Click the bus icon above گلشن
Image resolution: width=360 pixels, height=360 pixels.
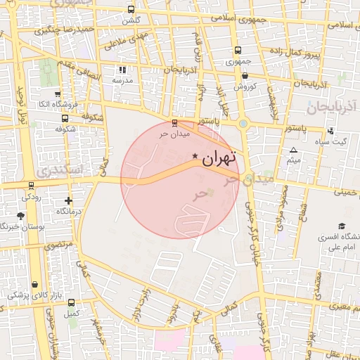click(131, 10)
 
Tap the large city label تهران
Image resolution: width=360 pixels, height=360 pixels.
click(220, 160)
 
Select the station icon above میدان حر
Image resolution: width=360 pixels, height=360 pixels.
click(175, 122)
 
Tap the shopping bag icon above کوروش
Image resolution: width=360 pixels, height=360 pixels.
click(244, 76)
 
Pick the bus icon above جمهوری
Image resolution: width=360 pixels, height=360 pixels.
click(238, 51)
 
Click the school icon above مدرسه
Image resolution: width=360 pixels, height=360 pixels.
click(122, 70)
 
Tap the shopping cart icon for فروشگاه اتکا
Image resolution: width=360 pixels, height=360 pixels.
click(57, 94)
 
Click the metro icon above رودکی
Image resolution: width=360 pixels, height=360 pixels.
click(31, 186)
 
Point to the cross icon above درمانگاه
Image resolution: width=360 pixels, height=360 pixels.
click(68, 200)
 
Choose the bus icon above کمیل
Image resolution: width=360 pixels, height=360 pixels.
click(70, 302)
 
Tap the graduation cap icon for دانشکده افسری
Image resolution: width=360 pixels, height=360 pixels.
click(342, 226)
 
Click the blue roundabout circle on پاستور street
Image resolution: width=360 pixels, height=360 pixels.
click(243, 124)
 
